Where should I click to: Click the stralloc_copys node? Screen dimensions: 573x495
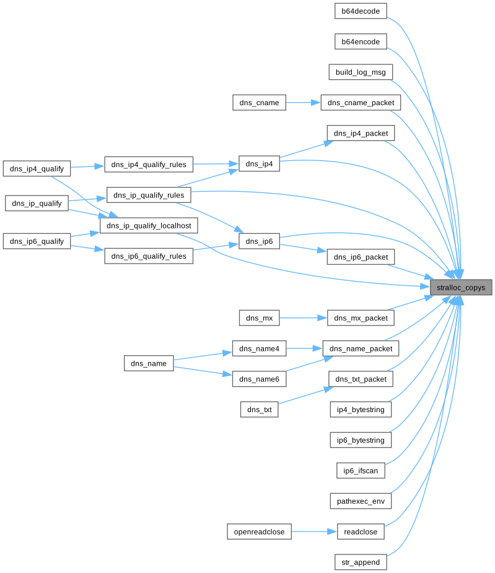(462, 288)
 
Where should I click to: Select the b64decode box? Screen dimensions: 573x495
(361, 11)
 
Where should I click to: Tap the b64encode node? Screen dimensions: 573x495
(361, 41)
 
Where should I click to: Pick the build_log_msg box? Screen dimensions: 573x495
(361, 72)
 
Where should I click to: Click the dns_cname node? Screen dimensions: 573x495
(259, 103)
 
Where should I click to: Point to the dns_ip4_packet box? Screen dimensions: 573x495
(361, 133)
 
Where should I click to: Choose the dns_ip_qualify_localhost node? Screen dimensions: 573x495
(149, 226)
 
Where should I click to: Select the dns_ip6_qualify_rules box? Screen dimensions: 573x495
(149, 256)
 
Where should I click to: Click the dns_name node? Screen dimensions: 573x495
(149, 363)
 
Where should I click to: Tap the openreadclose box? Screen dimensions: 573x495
(259, 532)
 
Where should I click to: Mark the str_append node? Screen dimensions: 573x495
(361, 562)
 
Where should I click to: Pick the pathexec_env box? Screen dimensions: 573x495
(361, 501)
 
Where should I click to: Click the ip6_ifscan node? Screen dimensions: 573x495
(361, 470)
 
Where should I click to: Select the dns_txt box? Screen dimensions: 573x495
(259, 409)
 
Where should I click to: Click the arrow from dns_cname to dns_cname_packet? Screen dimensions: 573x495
(303, 103)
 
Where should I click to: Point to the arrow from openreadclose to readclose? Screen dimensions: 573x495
(314, 532)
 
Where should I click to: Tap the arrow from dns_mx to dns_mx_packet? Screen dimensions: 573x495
(303, 318)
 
